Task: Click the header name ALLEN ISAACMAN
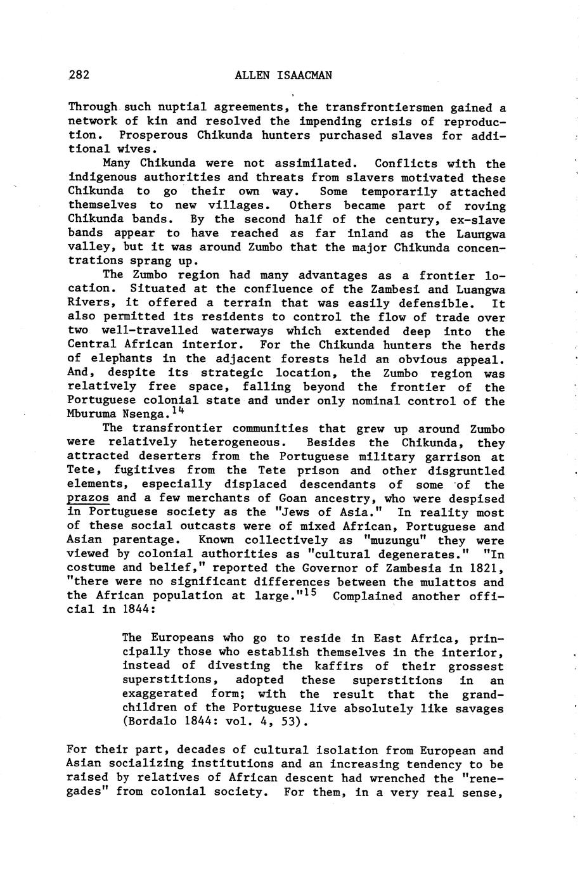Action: click(283, 75)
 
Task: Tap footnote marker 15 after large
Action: click(316, 593)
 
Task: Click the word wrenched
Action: click(397, 778)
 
